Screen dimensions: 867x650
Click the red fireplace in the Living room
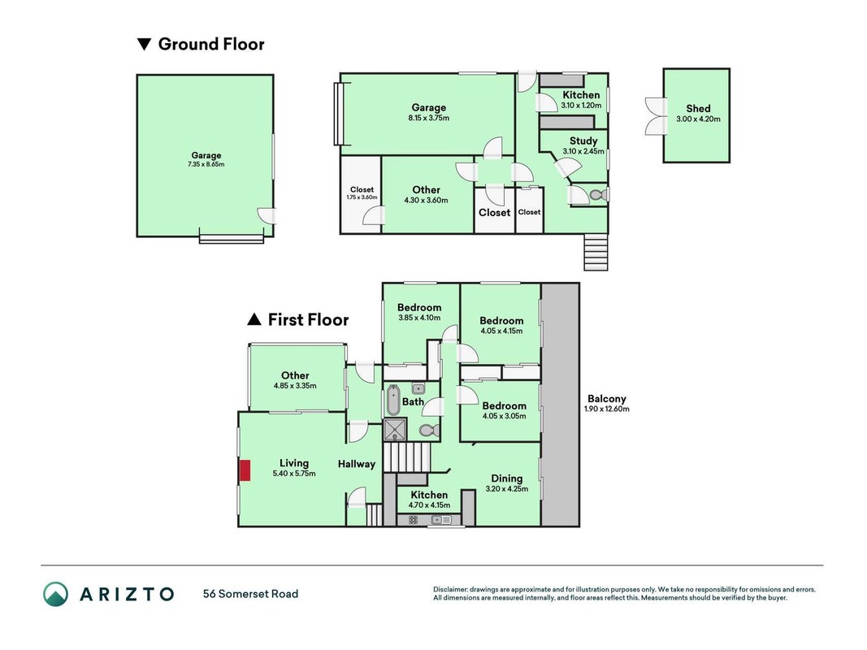245,470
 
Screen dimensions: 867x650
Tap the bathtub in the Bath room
393,401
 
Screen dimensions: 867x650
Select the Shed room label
698,108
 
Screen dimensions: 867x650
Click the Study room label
583,141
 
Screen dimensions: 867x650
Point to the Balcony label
606,398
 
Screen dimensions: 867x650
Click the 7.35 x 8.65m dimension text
206,164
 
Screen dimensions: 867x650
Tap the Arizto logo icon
56,594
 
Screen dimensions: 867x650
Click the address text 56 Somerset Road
250,594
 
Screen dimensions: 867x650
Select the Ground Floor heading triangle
145,44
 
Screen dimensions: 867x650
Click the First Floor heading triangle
254,319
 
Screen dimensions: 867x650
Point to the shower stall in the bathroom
395,430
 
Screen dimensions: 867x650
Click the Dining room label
506,479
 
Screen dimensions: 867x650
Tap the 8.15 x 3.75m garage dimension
428,118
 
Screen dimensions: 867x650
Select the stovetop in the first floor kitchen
413,520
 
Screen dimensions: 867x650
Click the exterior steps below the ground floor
596,252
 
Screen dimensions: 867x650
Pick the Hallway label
357,464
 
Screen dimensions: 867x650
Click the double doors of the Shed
657,116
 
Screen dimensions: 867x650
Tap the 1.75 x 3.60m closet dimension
362,197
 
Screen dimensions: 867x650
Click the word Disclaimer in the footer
451,590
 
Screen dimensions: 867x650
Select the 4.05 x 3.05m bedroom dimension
505,416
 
